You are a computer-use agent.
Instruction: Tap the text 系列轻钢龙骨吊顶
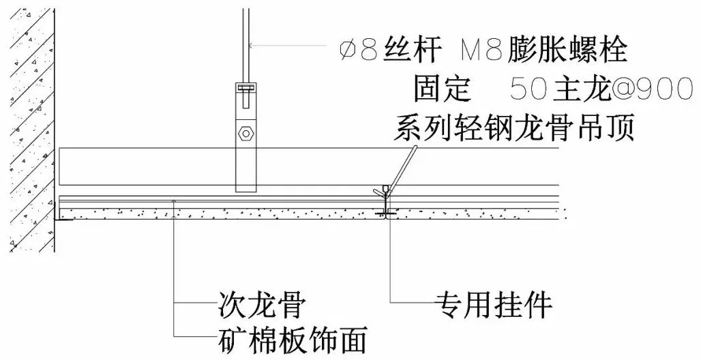pyautogui.click(x=514, y=126)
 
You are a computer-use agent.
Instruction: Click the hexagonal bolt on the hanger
pyautogui.click(x=245, y=132)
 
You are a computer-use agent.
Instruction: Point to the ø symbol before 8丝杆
pyautogui.click(x=348, y=50)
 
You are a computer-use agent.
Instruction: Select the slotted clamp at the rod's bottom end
pyautogui.click(x=245, y=88)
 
